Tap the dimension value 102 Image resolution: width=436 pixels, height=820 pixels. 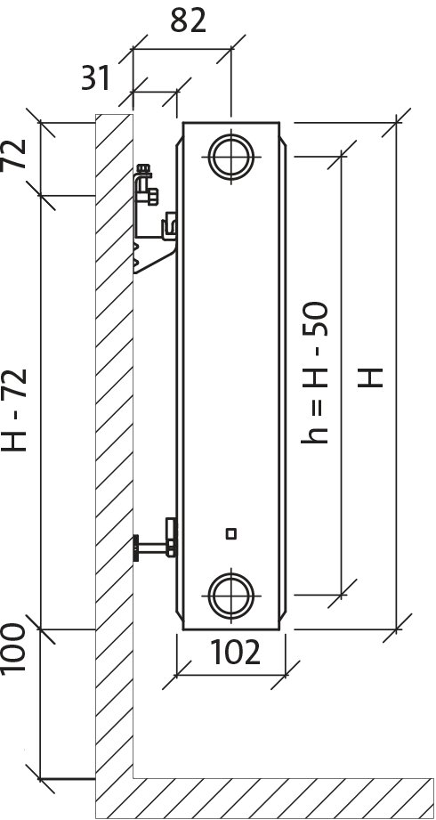point(236,653)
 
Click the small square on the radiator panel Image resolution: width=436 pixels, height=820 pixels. point(231,533)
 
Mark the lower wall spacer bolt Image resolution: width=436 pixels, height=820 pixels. point(153,545)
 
